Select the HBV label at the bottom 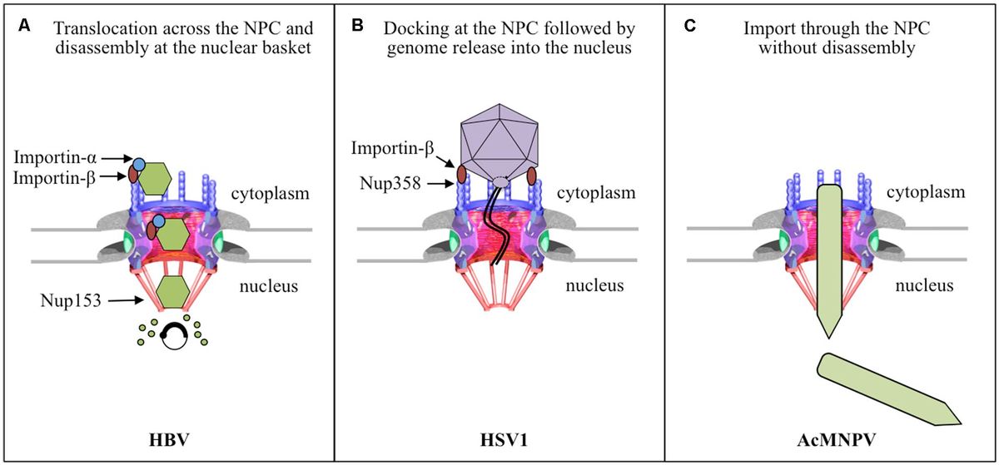coord(168,437)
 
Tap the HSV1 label coord(499,437)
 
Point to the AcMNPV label coord(830,437)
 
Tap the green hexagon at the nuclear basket coord(172,294)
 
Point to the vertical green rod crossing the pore coord(829,258)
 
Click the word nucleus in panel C coord(925,287)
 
